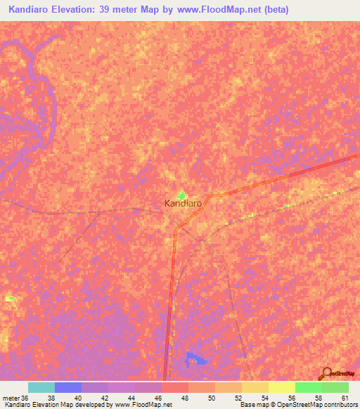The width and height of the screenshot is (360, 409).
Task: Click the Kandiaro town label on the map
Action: pyautogui.click(x=183, y=204)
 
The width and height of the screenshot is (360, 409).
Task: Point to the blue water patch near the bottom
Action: pyautogui.click(x=196, y=359)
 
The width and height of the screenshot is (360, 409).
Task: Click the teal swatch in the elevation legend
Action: pyautogui.click(x=41, y=387)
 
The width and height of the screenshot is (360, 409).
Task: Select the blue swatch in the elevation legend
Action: pyautogui.click(x=68, y=387)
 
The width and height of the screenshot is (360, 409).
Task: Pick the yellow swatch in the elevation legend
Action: pyautogui.click(x=282, y=387)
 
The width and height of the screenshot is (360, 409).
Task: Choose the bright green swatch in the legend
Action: pyautogui.click(x=309, y=387)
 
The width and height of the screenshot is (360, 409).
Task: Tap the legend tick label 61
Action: pyautogui.click(x=345, y=397)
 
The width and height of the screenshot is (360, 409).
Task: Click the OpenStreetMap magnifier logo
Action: pyautogui.click(x=326, y=373)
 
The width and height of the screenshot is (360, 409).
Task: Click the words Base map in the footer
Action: pyautogui.click(x=255, y=405)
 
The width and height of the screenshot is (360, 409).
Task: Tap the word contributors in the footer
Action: pyautogui.click(x=339, y=405)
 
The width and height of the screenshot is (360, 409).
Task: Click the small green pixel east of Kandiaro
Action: pyautogui.click(x=287, y=206)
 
